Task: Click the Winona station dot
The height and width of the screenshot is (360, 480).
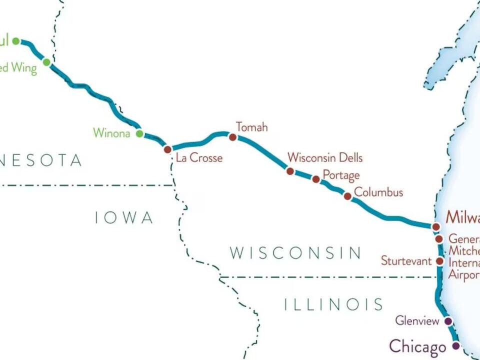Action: click(140, 133)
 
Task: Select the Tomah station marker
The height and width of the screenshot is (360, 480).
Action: click(232, 137)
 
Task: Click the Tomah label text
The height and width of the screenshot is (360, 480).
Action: click(251, 127)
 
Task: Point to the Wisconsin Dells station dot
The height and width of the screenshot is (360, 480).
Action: click(290, 171)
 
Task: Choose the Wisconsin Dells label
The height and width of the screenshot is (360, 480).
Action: click(325, 157)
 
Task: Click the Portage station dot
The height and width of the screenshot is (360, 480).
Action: click(316, 179)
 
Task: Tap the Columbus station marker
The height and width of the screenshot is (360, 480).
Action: click(347, 196)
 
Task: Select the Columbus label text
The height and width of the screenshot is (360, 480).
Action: click(378, 192)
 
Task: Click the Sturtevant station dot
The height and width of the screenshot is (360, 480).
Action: click(439, 260)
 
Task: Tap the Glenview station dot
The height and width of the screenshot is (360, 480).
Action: click(448, 321)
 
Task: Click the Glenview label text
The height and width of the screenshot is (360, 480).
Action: click(417, 320)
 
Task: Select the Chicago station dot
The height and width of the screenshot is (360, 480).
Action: click(456, 345)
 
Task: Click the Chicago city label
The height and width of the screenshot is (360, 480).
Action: click(417, 346)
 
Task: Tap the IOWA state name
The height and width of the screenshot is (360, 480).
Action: click(124, 217)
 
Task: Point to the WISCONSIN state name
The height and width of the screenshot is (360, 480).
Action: click(295, 253)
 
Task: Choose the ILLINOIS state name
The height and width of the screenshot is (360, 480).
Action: click(333, 304)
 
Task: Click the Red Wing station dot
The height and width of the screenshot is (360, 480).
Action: click(46, 62)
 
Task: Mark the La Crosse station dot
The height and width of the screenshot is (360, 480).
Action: click(168, 149)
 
